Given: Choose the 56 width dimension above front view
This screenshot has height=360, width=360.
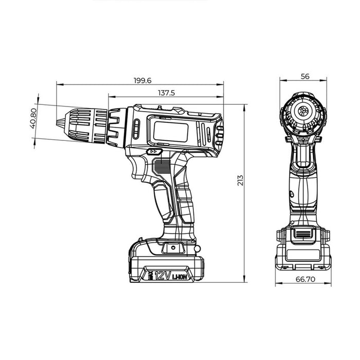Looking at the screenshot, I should pyautogui.click(x=304, y=76).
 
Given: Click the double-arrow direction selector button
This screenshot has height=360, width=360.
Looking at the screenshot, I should pyautogui.click(x=154, y=152).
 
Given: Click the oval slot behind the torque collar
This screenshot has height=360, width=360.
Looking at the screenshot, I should pyautogui.click(x=136, y=129).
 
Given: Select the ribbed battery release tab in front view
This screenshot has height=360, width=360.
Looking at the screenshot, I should pyautogui.click(x=302, y=235).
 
